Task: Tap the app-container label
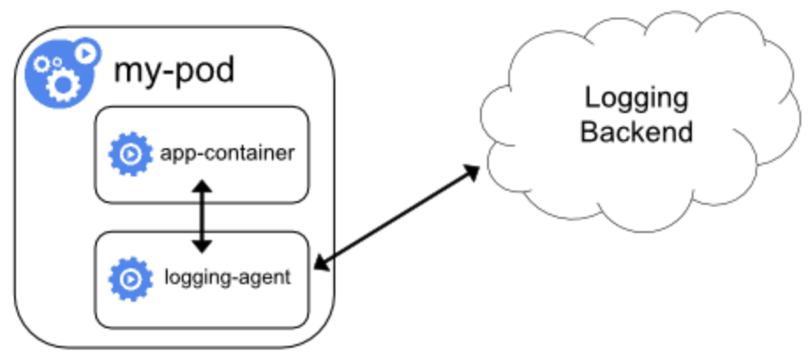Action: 227,154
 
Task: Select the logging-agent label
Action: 227,279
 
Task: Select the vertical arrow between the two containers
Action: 203,216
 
